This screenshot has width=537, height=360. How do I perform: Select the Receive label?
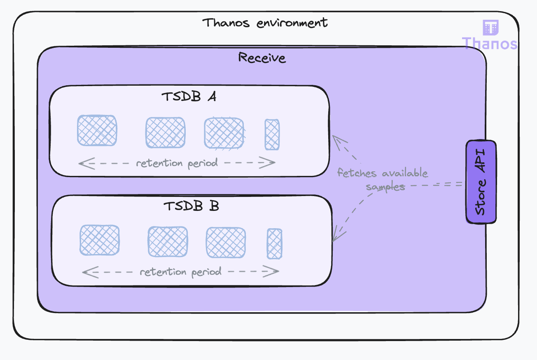coord(262,58)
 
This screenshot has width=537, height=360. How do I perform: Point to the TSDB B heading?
coord(191,206)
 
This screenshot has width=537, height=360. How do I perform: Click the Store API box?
coord(481,182)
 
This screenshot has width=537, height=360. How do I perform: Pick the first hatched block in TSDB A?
coord(97,130)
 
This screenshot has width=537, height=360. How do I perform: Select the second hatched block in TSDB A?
coord(165,132)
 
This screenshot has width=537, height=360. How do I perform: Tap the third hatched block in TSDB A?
coord(224,133)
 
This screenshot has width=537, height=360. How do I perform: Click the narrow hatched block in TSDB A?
coord(272,134)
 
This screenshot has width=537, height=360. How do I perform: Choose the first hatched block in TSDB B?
coord(99,240)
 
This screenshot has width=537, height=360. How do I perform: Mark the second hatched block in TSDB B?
coord(168,242)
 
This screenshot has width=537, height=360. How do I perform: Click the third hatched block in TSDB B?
coord(226,242)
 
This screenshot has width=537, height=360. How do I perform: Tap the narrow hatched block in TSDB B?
coord(274,243)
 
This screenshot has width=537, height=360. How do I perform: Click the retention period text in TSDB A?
coord(177,163)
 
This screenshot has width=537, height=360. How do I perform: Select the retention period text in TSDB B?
coord(180,272)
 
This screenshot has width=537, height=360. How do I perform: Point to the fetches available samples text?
coord(383,180)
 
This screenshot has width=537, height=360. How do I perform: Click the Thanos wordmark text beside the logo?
coord(489,43)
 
